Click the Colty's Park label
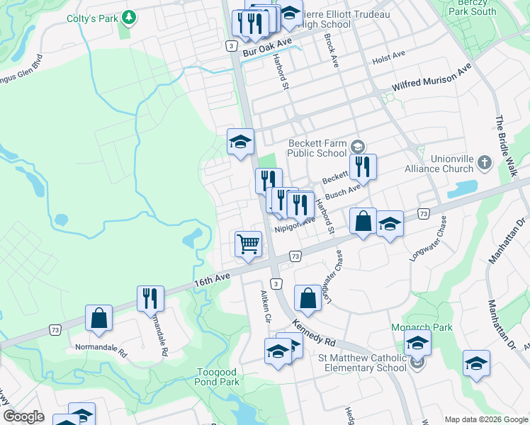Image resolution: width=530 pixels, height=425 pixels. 91,19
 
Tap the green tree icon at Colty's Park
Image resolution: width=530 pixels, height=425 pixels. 129,16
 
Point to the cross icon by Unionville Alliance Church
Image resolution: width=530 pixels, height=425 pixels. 485,163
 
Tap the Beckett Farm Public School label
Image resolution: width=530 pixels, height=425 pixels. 317,148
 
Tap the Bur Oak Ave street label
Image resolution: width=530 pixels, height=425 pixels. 267,48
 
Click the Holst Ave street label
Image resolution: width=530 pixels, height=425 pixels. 388,54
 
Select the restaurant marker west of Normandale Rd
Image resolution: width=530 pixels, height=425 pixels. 150,298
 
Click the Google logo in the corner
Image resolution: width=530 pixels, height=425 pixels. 23,416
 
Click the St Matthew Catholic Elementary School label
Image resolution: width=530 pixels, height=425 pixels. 362,363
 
